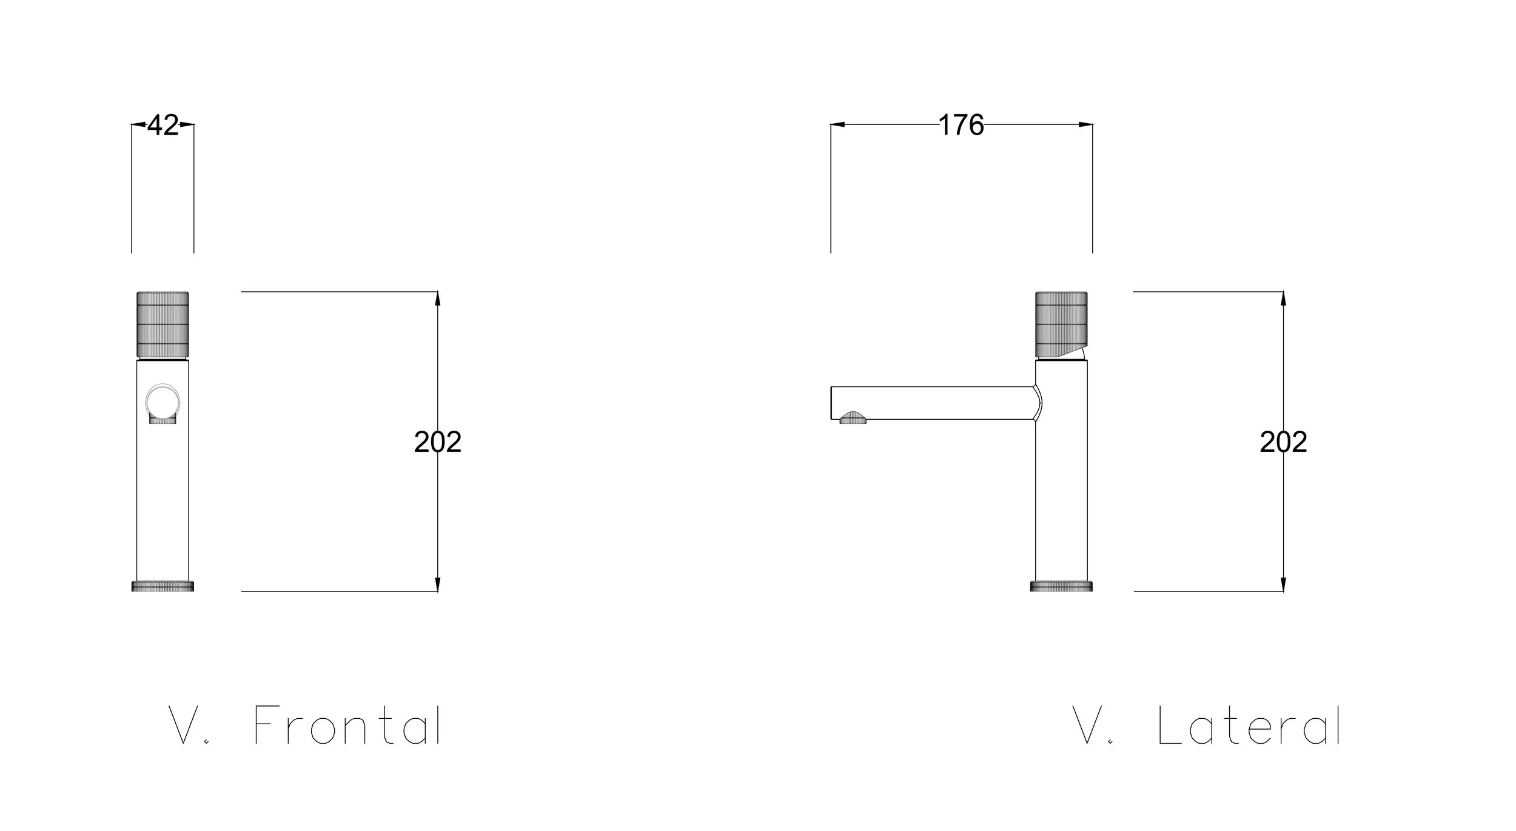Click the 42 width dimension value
(163, 125)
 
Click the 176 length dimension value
(961, 125)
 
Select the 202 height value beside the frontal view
(438, 442)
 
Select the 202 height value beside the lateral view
(1284, 442)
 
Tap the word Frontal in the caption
(347, 725)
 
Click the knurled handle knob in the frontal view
(163, 325)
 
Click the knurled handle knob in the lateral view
(1061, 325)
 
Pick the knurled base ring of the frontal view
(163, 586)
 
